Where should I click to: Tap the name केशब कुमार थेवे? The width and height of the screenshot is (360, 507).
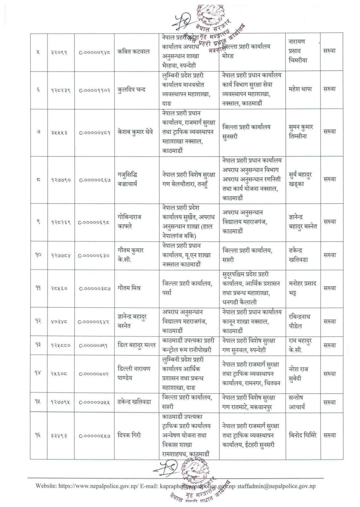135,132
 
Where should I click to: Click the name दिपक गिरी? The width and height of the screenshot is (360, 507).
129,435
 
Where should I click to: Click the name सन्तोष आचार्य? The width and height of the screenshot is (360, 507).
297,402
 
